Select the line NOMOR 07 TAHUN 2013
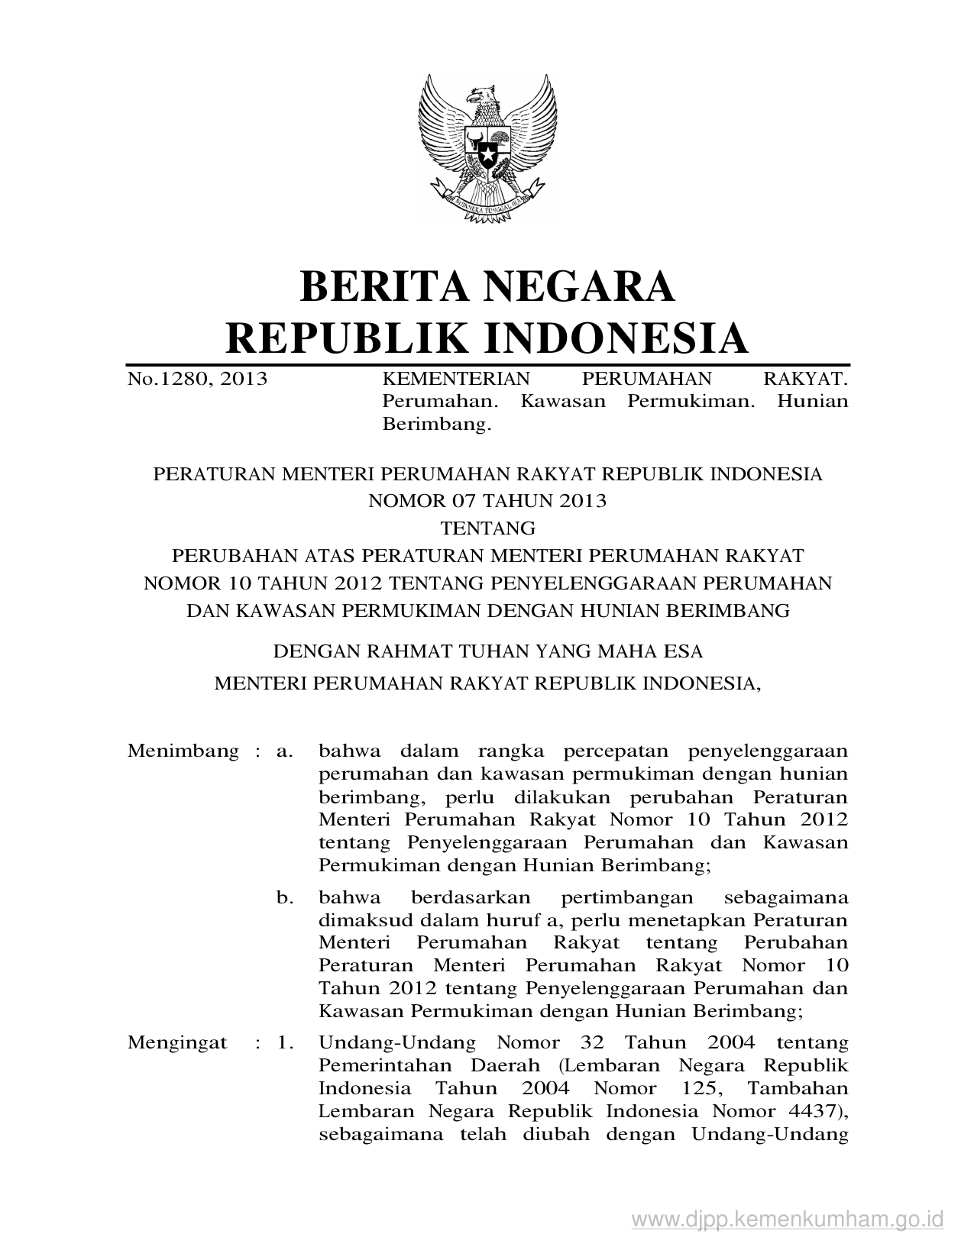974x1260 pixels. click(487, 501)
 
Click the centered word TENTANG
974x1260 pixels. click(487, 528)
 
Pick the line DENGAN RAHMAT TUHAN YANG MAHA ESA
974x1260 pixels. click(487, 651)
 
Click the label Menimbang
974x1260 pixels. click(183, 751)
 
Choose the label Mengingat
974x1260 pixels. click(177, 1042)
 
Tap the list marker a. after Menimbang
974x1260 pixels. click(285, 751)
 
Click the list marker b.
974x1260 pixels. click(285, 897)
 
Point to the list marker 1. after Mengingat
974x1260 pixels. click(286, 1042)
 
